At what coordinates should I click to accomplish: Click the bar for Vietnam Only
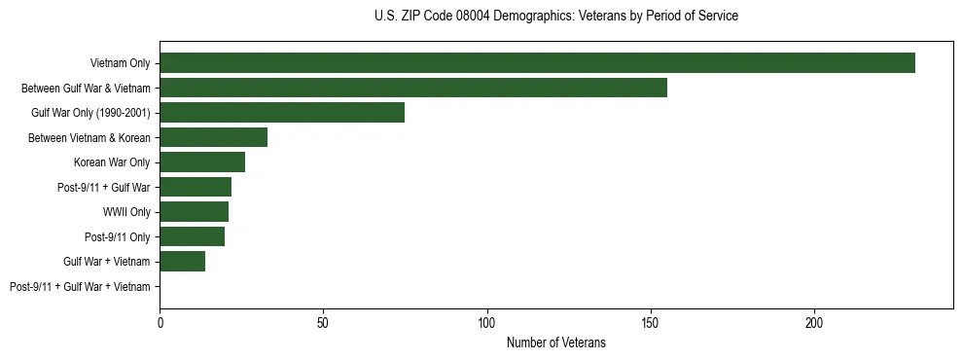pyautogui.click(x=537, y=63)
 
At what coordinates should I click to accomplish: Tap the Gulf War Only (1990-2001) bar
pyautogui.click(x=282, y=113)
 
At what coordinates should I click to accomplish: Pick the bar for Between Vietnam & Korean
pyautogui.click(x=213, y=137)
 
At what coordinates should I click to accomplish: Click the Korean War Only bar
pyautogui.click(x=202, y=162)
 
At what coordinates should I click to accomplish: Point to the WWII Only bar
pyautogui.click(x=194, y=212)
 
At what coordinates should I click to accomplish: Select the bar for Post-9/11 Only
pyautogui.click(x=192, y=236)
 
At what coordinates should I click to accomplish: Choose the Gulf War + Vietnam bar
pyautogui.click(x=182, y=262)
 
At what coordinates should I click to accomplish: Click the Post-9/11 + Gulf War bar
pyautogui.click(x=196, y=187)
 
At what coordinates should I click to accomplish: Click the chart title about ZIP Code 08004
pyautogui.click(x=555, y=17)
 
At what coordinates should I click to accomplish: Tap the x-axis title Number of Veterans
pyautogui.click(x=555, y=342)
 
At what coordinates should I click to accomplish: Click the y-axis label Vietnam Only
pyautogui.click(x=120, y=64)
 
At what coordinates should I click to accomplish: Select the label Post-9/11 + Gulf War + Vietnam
pyautogui.click(x=80, y=287)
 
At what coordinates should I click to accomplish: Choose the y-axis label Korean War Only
pyautogui.click(x=112, y=162)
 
